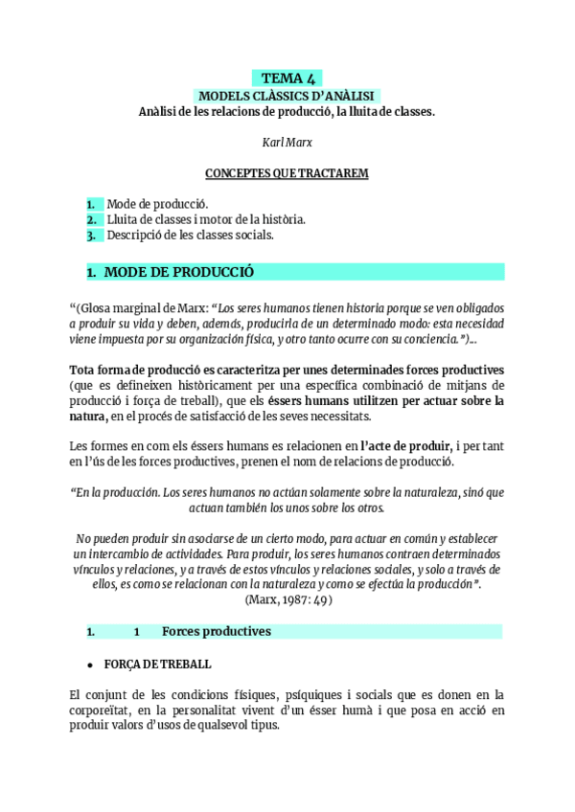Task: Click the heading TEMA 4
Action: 287,79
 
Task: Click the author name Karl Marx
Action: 287,143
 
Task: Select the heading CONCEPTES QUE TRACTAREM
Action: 287,173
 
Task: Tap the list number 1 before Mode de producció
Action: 91,204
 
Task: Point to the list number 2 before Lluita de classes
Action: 91,219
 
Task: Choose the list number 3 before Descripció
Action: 91,235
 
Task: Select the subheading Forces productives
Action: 216,632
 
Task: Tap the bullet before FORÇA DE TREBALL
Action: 90,664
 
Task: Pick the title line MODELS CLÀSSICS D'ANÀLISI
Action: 287,96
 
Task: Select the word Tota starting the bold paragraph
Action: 83,370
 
